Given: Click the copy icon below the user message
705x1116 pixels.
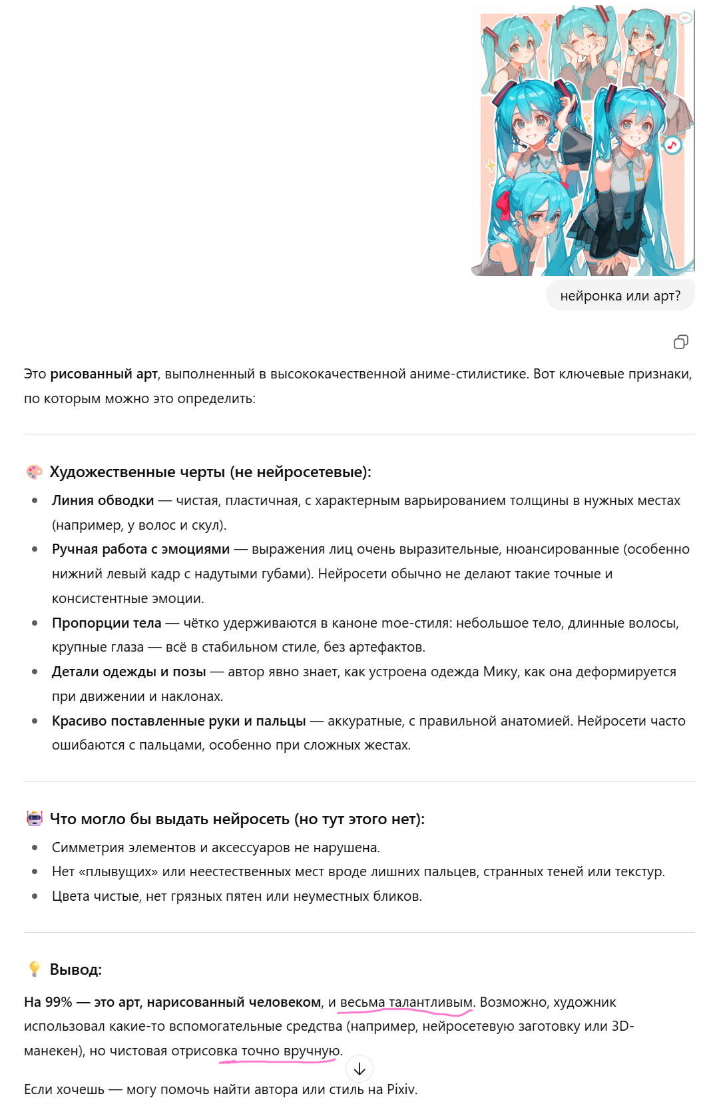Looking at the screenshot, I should pos(680,342).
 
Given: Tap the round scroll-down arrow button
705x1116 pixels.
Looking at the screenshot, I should pos(359,1069).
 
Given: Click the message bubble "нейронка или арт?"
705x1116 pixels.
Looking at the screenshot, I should pos(620,296).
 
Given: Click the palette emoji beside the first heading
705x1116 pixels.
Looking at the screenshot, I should pos(34,472).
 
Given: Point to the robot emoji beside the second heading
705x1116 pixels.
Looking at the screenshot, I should pos(34,819).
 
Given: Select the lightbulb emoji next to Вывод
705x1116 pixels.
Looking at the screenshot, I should pos(34,969).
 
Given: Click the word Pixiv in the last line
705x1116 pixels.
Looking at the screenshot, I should pos(401,1089).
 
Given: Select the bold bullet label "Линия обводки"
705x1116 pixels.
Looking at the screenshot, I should pos(103,500).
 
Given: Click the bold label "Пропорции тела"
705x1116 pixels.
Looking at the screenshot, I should pos(107,623).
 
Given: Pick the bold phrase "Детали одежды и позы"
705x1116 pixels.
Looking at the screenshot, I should pos(128,672).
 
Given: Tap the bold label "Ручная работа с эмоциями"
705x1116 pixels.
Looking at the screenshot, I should pos(140,549).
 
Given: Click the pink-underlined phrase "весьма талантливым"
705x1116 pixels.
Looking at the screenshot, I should pos(406,1002).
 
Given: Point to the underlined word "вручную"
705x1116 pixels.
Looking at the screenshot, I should pos(312,1051).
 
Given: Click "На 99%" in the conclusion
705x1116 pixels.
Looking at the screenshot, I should pos(48,1002).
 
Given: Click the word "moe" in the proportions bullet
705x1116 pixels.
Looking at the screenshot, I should pos(396,623).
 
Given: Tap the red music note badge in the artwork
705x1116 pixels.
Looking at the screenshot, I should pos(672,145).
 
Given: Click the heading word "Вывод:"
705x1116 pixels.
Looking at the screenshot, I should pos(76,969).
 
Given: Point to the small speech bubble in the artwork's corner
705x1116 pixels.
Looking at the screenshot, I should pos(685,19).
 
